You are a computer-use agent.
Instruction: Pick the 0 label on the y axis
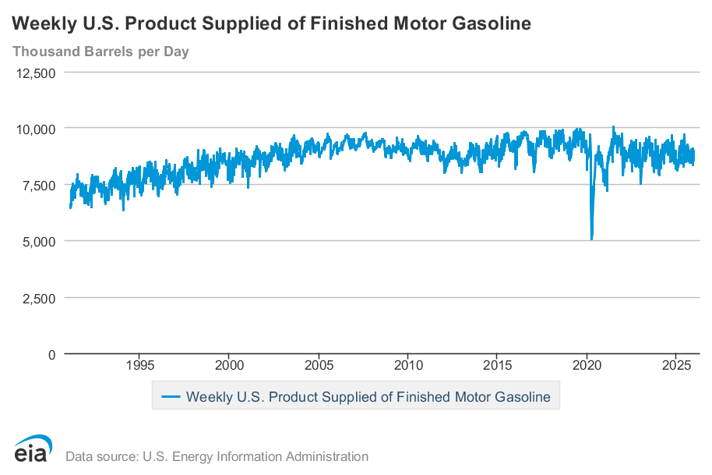click(x=51, y=354)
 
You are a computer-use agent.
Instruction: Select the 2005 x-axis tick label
click(x=319, y=365)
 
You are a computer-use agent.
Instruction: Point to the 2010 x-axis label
click(x=408, y=365)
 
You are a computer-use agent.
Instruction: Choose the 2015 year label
click(x=498, y=365)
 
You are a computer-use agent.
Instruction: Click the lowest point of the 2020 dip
click(x=592, y=239)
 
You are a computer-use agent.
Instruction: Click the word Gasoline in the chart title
click(x=492, y=24)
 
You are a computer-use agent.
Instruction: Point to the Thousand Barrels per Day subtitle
click(x=100, y=52)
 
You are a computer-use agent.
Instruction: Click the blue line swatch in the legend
click(x=171, y=397)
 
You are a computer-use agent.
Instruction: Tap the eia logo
click(x=33, y=450)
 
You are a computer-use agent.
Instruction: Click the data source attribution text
click(x=217, y=456)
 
